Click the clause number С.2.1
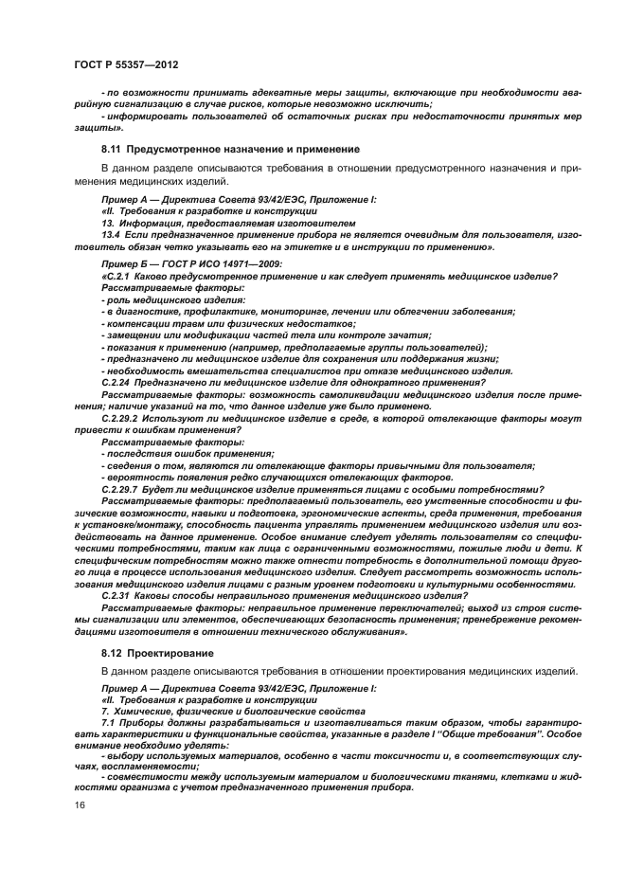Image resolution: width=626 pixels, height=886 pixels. tap(116, 276)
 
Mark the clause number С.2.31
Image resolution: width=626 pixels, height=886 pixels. tap(119, 596)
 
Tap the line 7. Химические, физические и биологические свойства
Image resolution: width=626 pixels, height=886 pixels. tap(219, 710)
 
